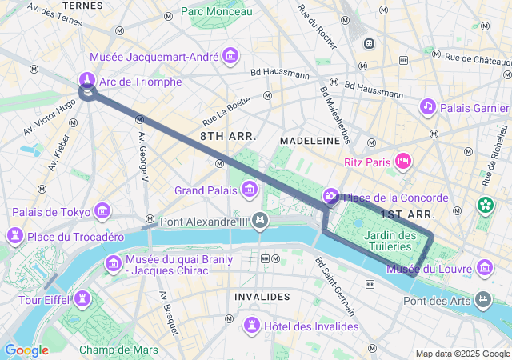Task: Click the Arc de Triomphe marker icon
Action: tap(86, 80)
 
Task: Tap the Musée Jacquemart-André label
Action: tap(155, 58)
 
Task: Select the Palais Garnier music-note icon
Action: tap(428, 106)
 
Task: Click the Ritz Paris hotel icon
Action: tap(404, 162)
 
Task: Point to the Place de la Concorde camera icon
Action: tap(330, 197)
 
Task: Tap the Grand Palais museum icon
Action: tap(250, 190)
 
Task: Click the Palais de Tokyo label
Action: tap(50, 212)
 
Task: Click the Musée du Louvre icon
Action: tap(484, 268)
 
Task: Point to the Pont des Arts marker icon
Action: tap(483, 300)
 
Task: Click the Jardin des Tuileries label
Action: tap(390, 241)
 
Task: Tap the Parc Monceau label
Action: tap(216, 11)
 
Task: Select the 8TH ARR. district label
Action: tap(228, 137)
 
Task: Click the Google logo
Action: tap(26, 350)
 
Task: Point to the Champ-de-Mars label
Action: tap(118, 350)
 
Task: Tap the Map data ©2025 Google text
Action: tap(462, 354)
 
